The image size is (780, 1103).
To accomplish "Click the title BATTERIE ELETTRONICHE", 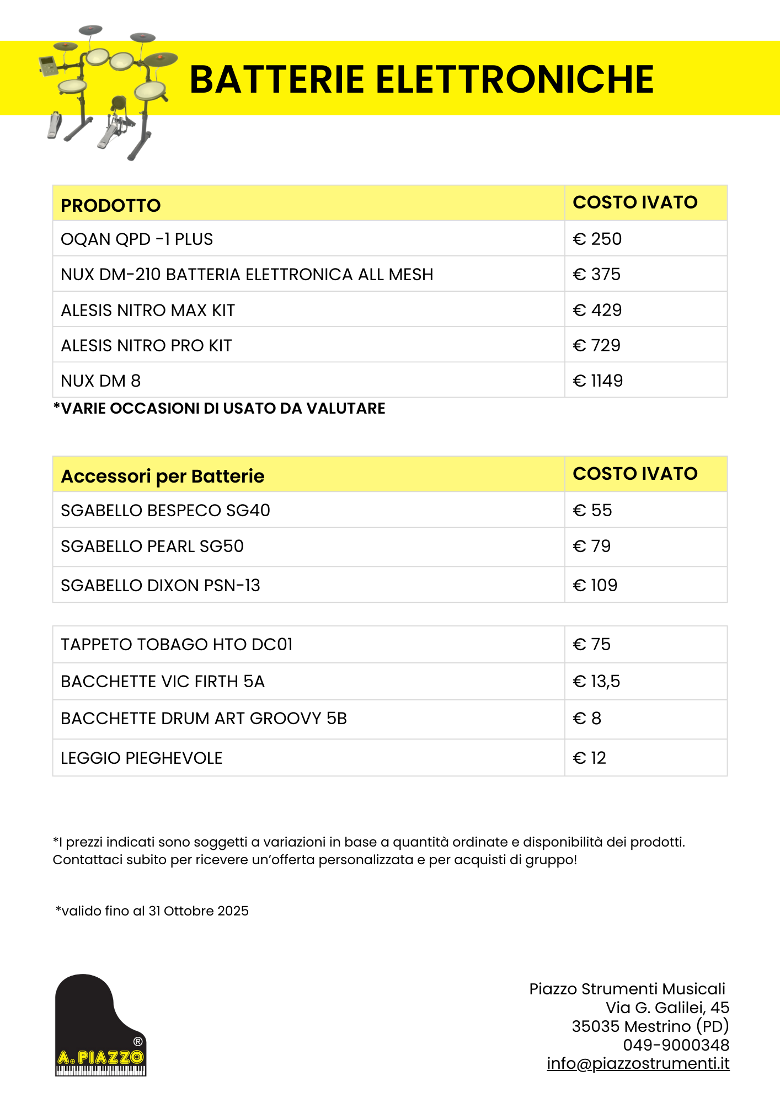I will tap(421, 79).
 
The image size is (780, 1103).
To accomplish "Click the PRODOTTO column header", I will tap(110, 205).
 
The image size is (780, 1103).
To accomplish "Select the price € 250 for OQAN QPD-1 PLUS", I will tap(597, 239).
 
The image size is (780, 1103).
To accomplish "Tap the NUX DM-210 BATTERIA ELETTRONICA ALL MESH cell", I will tap(247, 274).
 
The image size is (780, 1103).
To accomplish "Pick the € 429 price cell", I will tap(597, 310).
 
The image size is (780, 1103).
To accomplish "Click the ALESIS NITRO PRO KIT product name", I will tap(146, 345).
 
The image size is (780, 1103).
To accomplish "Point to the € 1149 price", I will tap(598, 381).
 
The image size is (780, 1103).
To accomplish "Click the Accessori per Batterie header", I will tap(163, 476).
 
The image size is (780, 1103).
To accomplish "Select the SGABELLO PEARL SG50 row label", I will tap(152, 546).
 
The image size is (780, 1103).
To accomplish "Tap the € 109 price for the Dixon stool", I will tap(595, 585).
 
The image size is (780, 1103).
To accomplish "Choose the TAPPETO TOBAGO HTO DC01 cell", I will tap(177, 644).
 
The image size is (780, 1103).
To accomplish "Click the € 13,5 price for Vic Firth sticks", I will tap(596, 681).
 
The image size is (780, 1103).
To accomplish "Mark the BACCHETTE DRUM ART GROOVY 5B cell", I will tap(204, 718).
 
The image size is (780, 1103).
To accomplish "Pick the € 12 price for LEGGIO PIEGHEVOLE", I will tap(589, 758).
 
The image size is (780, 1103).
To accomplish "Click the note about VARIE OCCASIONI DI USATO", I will tap(219, 408).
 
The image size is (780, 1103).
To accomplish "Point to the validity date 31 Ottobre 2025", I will tap(199, 911).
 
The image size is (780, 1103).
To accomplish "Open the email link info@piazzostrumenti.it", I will tap(638, 1063).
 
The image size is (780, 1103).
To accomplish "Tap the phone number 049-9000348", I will tap(676, 1045).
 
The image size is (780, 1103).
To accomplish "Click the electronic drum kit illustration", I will tap(108, 91).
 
